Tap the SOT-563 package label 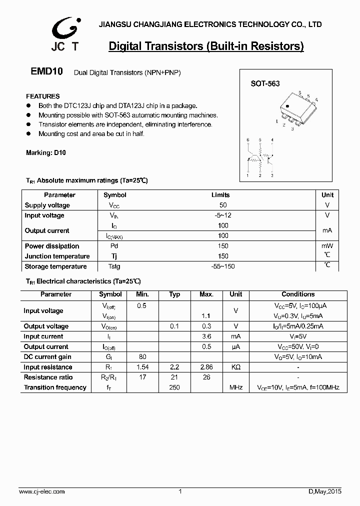[265, 84]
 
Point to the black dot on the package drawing [287, 106]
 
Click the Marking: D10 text [45, 153]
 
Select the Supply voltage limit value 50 [223, 205]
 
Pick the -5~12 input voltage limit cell [223, 215]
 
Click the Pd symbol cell [114, 246]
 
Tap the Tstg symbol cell [114, 266]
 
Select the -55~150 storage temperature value [223, 266]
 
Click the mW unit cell [327, 246]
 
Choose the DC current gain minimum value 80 [142, 357]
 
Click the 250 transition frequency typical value [174, 387]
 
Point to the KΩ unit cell [235, 367]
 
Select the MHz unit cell [236, 387]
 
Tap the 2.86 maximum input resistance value [206, 367]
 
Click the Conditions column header [298, 294]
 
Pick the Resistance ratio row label [48, 377]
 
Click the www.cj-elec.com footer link [42, 492]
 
